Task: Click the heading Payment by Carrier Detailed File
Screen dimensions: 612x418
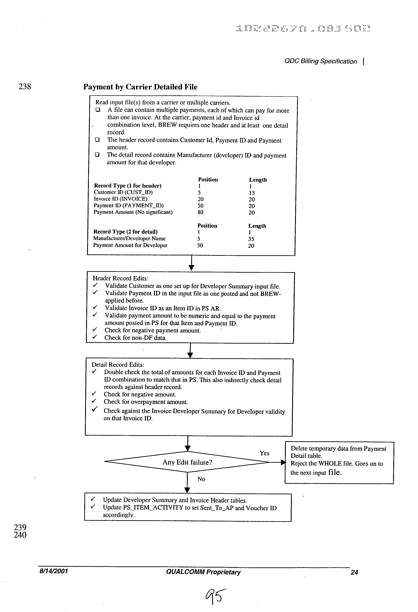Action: (x=140, y=87)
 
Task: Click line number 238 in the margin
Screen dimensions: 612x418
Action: (x=25, y=86)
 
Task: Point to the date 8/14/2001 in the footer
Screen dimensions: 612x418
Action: (x=53, y=571)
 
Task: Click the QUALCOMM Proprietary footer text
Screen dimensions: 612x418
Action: (x=203, y=572)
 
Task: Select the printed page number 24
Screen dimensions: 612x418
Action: (x=354, y=572)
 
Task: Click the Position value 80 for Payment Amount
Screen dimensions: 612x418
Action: (x=200, y=212)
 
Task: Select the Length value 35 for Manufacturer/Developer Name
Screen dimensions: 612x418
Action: (x=251, y=239)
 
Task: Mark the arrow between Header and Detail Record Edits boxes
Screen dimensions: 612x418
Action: (x=190, y=351)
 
